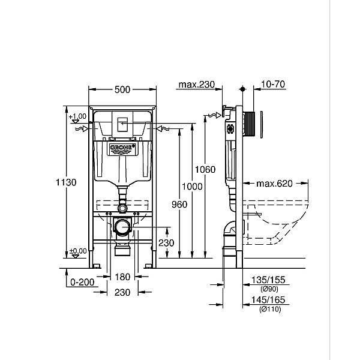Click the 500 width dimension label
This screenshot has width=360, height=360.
point(122,89)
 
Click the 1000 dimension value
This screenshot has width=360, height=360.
point(192,187)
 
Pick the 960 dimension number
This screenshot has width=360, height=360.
point(179,204)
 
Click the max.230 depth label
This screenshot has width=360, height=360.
point(196,85)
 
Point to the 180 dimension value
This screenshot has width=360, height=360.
point(122,277)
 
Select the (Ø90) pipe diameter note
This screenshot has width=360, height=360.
point(269,288)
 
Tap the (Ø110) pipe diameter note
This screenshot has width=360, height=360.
point(269,310)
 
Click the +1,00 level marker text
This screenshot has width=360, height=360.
point(77,116)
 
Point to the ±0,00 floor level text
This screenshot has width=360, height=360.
point(77,251)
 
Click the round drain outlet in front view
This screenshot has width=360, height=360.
point(122,227)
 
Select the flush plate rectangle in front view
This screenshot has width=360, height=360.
point(122,124)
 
